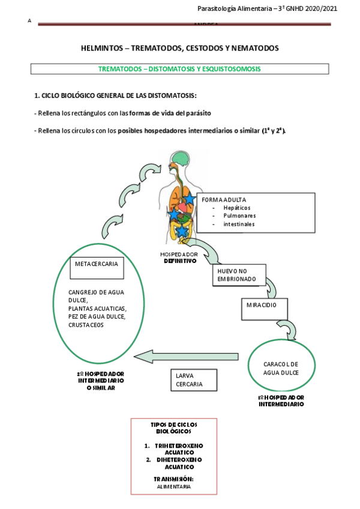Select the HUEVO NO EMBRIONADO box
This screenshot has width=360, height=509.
coord(236,275)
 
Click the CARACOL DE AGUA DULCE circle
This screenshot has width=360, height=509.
coord(281,368)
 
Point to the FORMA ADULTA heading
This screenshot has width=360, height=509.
coord(224,200)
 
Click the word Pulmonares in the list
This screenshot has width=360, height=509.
coord(239,215)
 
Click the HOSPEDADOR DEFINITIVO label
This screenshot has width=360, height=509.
coord(179,258)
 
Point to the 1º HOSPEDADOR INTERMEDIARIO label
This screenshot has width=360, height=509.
coord(281,401)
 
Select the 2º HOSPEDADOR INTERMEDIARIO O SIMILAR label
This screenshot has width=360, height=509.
coord(100,380)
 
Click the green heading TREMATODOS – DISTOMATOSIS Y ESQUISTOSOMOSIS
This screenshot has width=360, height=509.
coord(179,69)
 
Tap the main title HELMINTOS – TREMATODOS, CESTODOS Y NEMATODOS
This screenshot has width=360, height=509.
coord(179,47)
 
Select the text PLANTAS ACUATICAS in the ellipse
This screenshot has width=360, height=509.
coord(98,309)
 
